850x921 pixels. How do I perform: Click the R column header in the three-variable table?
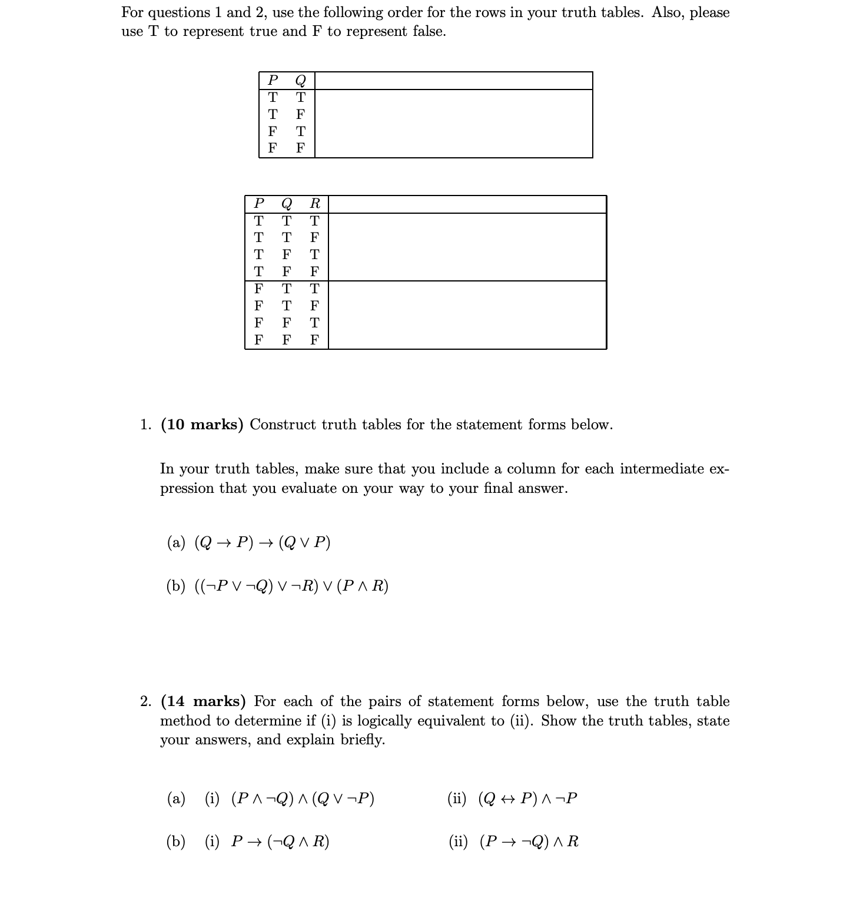click(x=315, y=204)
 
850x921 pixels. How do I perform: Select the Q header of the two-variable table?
click(x=300, y=80)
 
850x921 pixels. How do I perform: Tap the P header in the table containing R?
click(x=258, y=204)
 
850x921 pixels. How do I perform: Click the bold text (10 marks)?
click(x=202, y=425)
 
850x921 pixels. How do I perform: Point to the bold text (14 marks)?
click(x=203, y=701)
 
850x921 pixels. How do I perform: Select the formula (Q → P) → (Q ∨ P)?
click(x=263, y=542)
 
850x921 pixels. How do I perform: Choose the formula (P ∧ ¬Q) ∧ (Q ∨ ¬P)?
click(x=303, y=799)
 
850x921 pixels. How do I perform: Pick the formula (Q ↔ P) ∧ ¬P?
click(x=528, y=799)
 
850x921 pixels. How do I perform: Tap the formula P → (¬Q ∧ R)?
click(x=280, y=842)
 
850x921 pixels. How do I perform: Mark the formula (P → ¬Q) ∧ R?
click(x=529, y=842)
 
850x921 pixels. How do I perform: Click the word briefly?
click(x=363, y=740)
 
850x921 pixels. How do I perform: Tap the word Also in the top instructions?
click(x=668, y=12)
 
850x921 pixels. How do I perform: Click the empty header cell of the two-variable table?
click(x=453, y=81)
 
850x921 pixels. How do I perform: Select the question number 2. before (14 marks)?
click(x=146, y=701)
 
